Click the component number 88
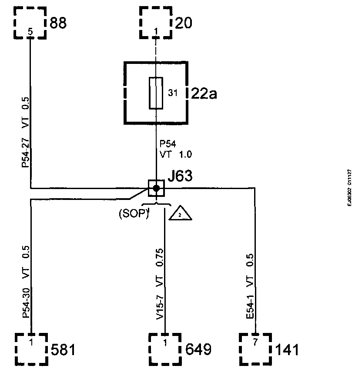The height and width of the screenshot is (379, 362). [x=59, y=23]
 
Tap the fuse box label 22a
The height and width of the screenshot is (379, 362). [x=204, y=93]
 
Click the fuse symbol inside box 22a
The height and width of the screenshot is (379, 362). [x=156, y=93]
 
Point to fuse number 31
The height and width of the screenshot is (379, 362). [x=172, y=92]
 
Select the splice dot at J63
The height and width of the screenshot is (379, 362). [x=156, y=188]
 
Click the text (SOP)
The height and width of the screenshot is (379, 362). [x=134, y=214]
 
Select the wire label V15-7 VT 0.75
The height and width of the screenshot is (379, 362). [x=160, y=285]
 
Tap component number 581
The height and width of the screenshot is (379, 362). [x=64, y=349]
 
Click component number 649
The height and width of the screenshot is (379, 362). [x=198, y=349]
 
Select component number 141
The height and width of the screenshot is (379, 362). [x=287, y=349]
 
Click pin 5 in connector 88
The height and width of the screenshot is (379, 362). [x=30, y=31]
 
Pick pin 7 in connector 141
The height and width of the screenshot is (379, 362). [x=255, y=342]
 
